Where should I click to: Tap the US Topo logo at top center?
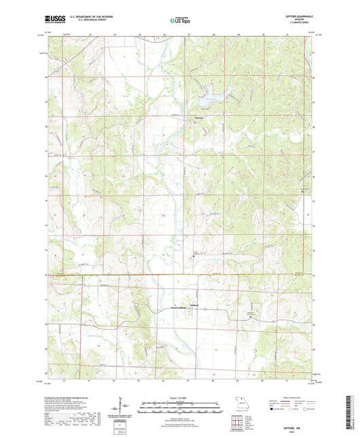coord(176,22)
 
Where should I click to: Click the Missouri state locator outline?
coord(239,402)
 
